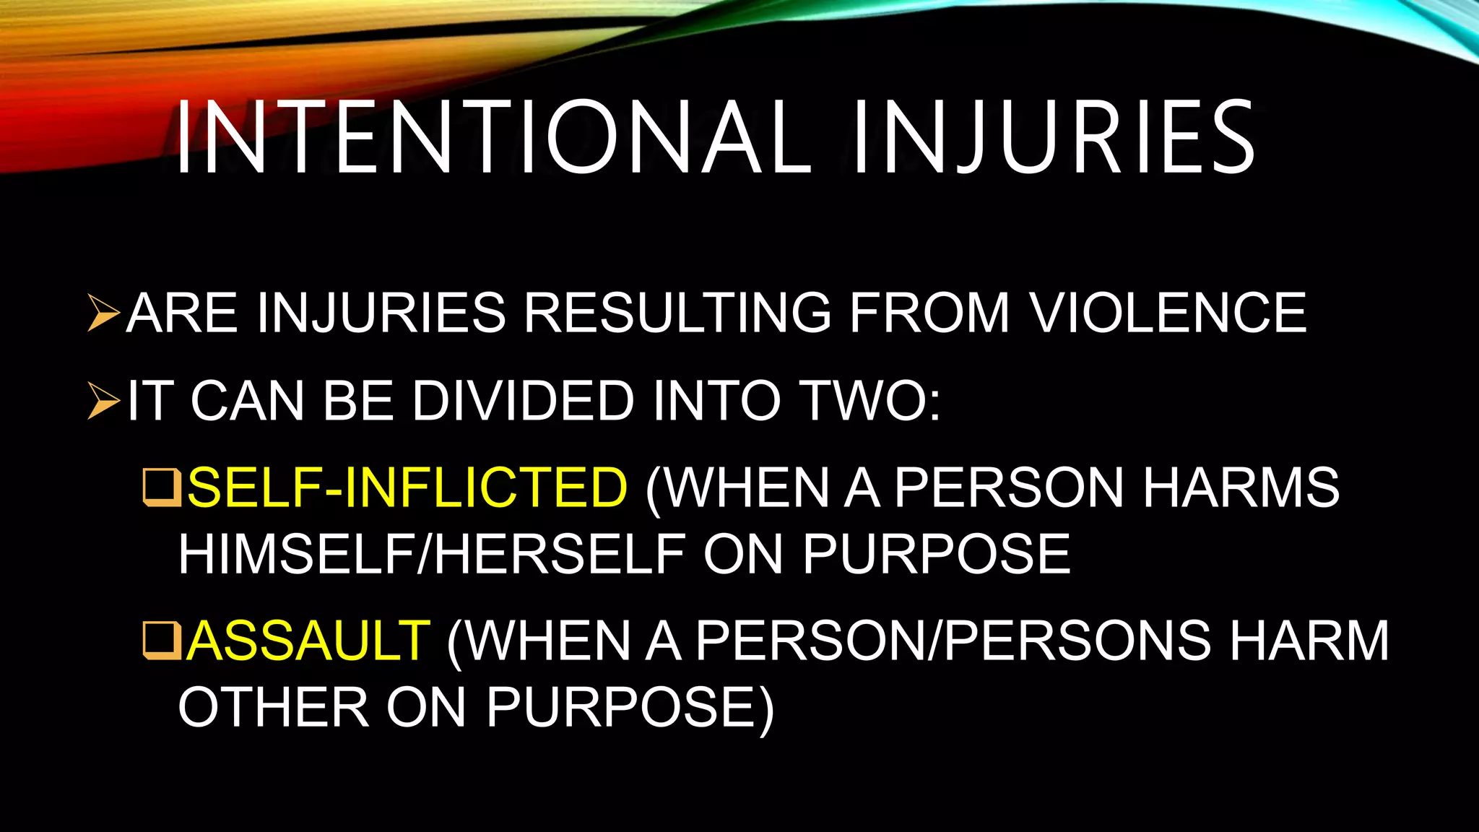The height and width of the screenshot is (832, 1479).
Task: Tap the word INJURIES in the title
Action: coord(1054,138)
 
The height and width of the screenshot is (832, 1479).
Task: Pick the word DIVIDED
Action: coord(523,400)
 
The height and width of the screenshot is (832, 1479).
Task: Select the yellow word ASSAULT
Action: coord(308,641)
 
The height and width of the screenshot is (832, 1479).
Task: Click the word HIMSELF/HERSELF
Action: coord(432,555)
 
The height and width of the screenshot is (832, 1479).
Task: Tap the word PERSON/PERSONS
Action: coord(953,641)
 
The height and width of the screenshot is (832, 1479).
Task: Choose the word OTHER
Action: coord(274,707)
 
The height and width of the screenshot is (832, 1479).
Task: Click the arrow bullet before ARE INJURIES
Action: coord(103,313)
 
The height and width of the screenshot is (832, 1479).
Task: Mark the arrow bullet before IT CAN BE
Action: coord(103,402)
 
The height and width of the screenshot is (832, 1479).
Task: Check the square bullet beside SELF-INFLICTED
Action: coord(162,487)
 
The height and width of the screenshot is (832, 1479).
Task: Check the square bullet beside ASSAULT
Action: coord(162,641)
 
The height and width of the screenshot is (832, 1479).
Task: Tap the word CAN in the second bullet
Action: coord(247,400)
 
